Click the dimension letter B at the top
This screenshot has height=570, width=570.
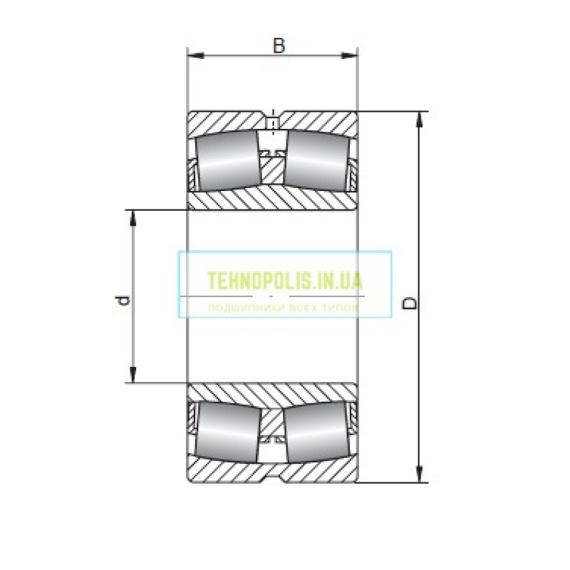[279, 46]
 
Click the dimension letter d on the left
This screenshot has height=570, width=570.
[123, 301]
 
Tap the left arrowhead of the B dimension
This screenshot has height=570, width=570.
[195, 56]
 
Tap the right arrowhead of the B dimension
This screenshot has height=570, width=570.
[349, 56]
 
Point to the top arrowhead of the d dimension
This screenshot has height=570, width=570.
[133, 219]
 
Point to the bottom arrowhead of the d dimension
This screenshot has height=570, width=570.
[133, 375]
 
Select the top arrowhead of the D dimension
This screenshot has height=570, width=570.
[420, 120]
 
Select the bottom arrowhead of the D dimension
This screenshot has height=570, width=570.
[420, 474]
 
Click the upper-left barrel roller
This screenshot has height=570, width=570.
[228, 160]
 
